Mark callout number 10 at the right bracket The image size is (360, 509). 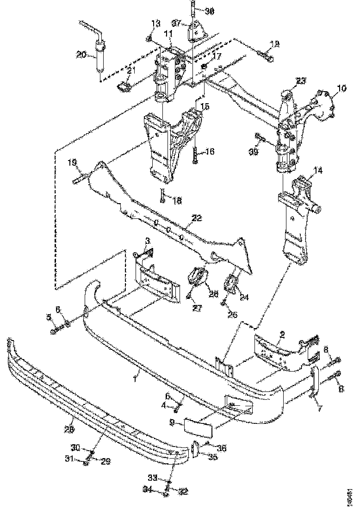click(341, 87)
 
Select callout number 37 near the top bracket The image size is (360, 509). click(176, 23)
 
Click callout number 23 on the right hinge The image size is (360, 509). click(301, 80)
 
